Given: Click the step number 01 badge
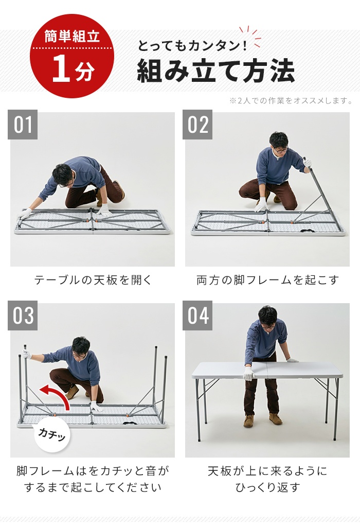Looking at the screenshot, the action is pyautogui.click(x=23, y=125).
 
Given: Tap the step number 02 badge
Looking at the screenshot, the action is pyautogui.click(x=197, y=125).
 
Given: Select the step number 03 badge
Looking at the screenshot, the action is pyautogui.click(x=23, y=316).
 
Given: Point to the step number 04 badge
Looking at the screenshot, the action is pyautogui.click(x=197, y=316).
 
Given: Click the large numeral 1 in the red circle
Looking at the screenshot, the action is pyautogui.click(x=61, y=68).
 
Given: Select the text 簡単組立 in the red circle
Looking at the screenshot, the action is pyautogui.click(x=72, y=36).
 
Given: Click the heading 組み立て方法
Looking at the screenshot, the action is pyautogui.click(x=216, y=71).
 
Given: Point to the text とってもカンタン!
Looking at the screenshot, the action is pyautogui.click(x=192, y=46).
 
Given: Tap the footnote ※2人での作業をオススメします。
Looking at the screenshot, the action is pyautogui.click(x=291, y=100).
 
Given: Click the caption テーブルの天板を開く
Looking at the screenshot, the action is pyautogui.click(x=93, y=280).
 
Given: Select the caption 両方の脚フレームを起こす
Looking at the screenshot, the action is pyautogui.click(x=267, y=280).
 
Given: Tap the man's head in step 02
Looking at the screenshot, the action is pyautogui.click(x=279, y=143).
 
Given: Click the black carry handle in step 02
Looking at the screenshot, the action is pyautogui.click(x=307, y=231).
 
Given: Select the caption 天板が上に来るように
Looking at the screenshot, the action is pyautogui.click(x=267, y=471).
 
